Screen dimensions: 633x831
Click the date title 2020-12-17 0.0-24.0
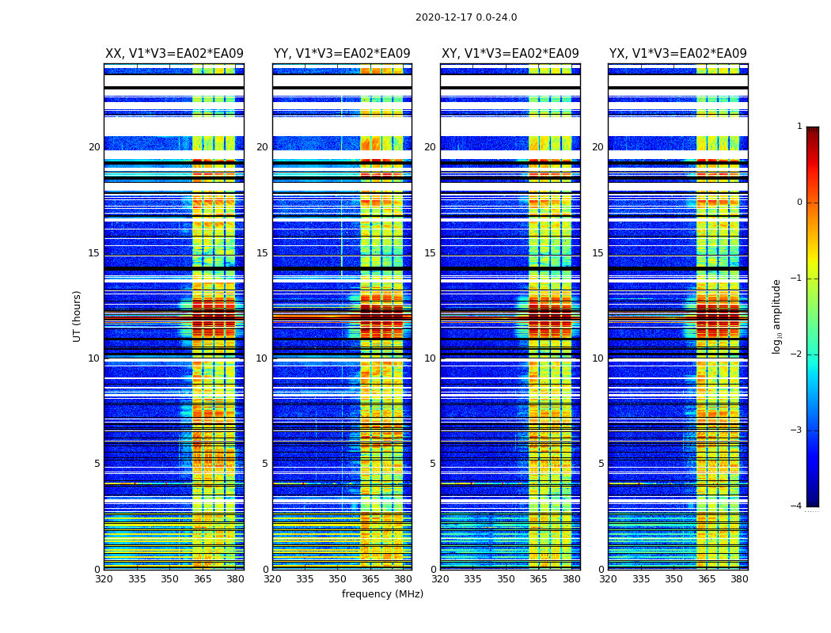tap(466, 17)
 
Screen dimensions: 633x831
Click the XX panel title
tap(174, 54)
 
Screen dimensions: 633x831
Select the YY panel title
tap(342, 54)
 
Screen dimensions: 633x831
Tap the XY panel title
tap(510, 54)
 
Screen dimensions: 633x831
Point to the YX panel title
tap(677, 54)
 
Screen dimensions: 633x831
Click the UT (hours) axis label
tap(78, 316)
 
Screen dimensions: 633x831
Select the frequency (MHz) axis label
tap(382, 594)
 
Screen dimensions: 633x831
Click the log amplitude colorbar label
tap(777, 316)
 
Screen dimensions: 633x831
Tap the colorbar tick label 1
tap(799, 127)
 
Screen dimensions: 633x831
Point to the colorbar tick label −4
tap(798, 506)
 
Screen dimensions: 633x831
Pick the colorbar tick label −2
tap(798, 354)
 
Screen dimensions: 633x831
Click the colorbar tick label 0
tap(799, 203)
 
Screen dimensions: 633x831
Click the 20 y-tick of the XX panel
tap(94, 147)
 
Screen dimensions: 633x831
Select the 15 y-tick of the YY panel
tap(262, 253)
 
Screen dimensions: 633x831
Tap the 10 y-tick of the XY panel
tap(430, 358)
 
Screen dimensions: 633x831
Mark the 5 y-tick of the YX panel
tap(601, 464)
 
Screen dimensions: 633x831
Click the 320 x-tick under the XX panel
tap(104, 579)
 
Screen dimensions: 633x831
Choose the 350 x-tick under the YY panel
tap(338, 579)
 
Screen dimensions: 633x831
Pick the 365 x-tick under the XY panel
tap(538, 579)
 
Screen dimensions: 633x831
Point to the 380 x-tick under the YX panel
tap(739, 579)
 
